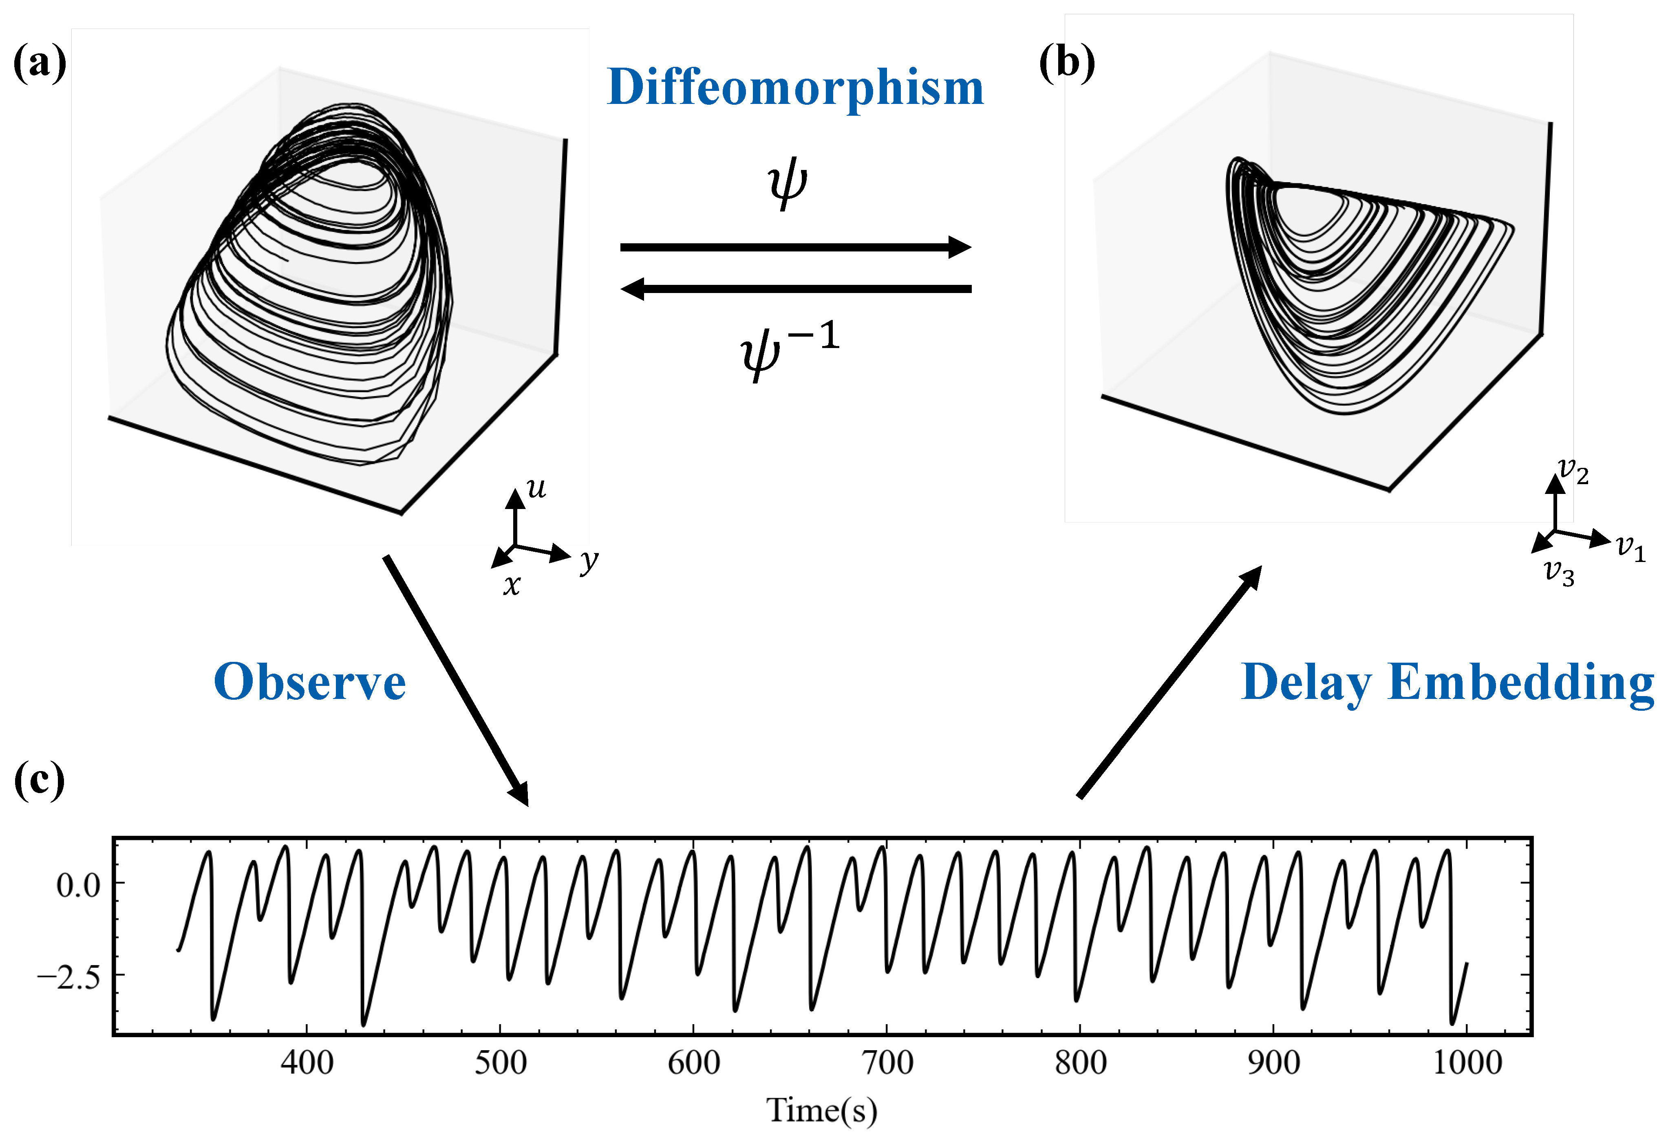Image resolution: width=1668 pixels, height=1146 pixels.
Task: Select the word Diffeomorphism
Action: pos(795,88)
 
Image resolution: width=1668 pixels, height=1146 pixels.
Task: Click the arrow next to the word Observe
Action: pos(456,680)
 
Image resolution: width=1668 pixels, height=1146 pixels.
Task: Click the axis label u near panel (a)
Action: pos(536,488)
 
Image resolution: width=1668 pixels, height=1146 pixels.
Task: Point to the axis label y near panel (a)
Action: pos(589,560)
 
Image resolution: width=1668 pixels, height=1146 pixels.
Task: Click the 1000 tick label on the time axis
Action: pos(1467,1063)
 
